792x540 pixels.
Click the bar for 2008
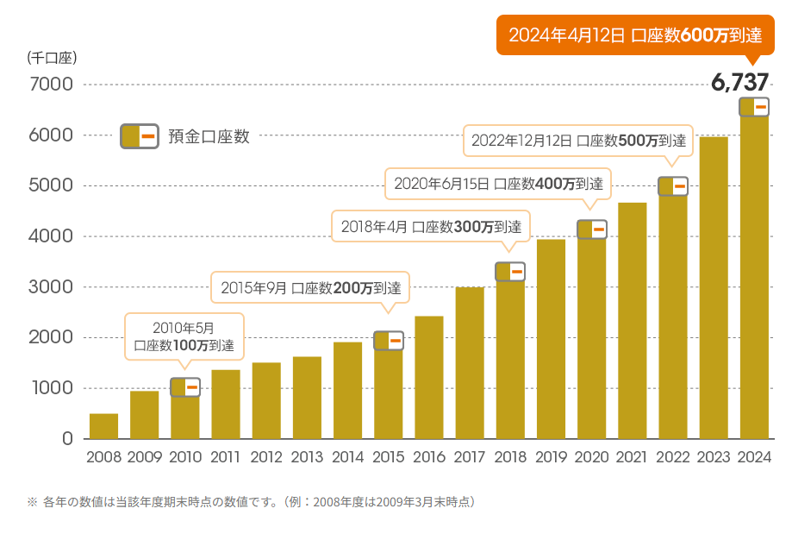click(103, 426)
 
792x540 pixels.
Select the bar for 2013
click(306, 398)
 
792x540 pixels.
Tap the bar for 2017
click(470, 363)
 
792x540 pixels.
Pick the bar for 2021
click(633, 321)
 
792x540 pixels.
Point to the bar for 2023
click(714, 288)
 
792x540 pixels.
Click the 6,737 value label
click(739, 83)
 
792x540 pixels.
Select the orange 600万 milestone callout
click(636, 35)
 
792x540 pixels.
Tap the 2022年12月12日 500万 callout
click(578, 141)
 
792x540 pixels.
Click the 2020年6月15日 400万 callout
click(497, 183)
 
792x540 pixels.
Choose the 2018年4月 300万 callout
click(431, 227)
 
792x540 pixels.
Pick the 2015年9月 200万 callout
click(311, 287)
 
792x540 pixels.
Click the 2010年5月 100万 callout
click(184, 336)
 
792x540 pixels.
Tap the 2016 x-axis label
click(429, 457)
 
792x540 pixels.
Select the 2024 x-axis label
click(755, 457)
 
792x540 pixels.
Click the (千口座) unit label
click(53, 59)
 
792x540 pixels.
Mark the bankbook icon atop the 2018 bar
click(510, 272)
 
